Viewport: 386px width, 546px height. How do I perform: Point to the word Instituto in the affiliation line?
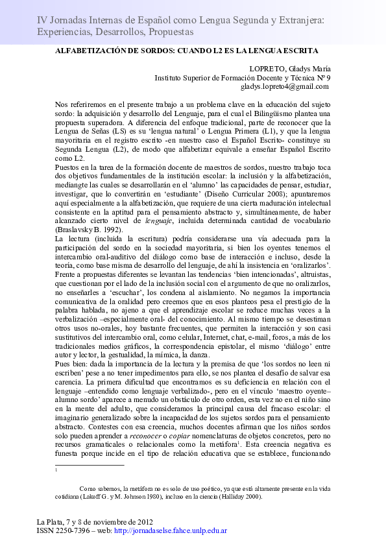tap(170, 77)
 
